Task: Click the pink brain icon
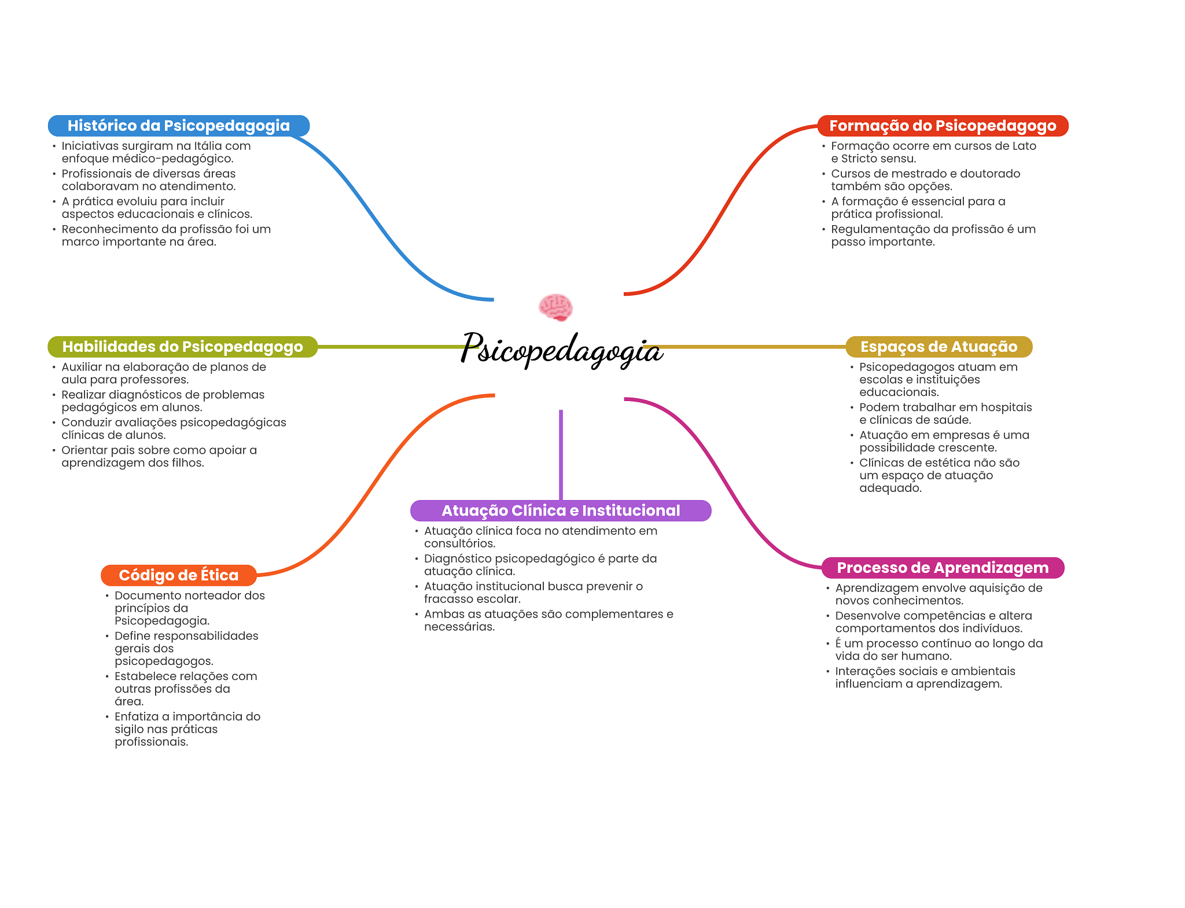coord(555,307)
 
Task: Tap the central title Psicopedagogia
coord(561,349)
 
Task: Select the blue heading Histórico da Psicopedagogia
coord(178,126)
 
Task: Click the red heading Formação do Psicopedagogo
coord(943,126)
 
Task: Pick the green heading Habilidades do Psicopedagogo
coord(182,347)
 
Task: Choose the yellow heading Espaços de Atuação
coord(939,347)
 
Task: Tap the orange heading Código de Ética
coord(178,575)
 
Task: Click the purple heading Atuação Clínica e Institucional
coord(561,510)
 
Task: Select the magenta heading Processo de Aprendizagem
coord(943,568)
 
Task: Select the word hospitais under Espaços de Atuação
coord(1006,407)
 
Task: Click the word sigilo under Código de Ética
coord(129,729)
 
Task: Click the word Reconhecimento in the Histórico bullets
coord(109,229)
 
